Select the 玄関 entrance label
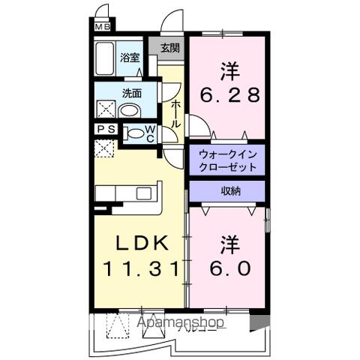[x=169, y=48]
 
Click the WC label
[x=150, y=133]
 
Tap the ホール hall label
[x=175, y=113]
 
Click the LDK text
[x=141, y=243]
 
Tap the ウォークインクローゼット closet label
[x=228, y=160]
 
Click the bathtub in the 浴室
[x=105, y=60]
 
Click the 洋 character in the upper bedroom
[x=230, y=72]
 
